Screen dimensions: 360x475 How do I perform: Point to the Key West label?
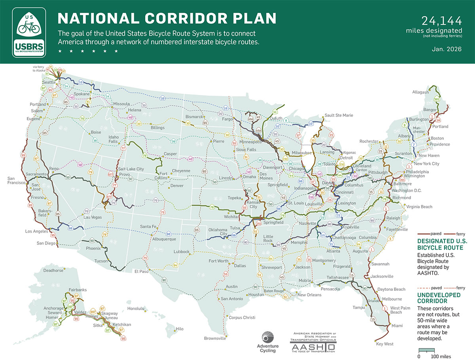(385, 344)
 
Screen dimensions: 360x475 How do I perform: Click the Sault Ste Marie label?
(339, 115)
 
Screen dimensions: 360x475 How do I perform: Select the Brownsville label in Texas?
(215, 338)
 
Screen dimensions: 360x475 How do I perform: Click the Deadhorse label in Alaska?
(53, 271)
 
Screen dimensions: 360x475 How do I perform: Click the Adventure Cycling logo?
(268, 342)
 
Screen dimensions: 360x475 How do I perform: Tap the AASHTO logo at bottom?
(313, 342)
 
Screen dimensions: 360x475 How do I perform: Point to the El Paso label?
(141, 271)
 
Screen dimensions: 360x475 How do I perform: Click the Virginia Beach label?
(418, 207)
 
